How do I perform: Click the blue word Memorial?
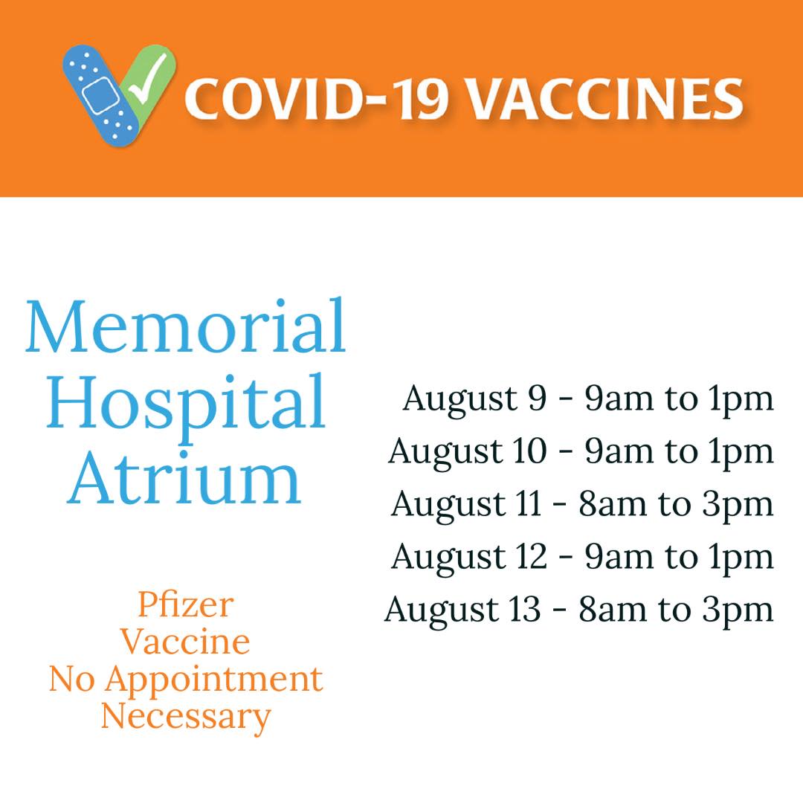186,326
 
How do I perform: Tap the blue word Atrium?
184,477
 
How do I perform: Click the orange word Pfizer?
186,604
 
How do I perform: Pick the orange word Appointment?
214,681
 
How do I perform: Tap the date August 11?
466,506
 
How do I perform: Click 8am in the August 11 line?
613,504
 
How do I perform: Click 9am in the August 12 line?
619,557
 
